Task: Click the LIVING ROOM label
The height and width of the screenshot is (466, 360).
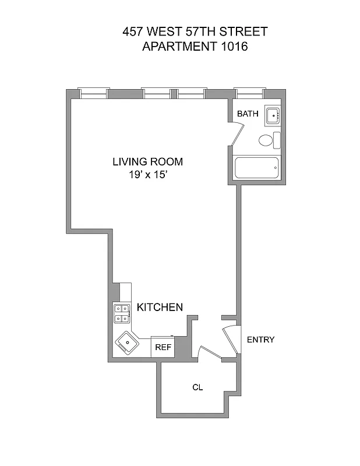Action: click(x=147, y=161)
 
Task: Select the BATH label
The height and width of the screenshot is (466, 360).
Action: click(x=248, y=114)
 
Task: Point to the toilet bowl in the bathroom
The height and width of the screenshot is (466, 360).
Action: click(x=266, y=140)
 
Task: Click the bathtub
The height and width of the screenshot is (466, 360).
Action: click(x=257, y=169)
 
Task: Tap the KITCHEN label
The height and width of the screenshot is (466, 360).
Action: click(x=160, y=307)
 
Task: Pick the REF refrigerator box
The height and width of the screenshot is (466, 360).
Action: click(x=163, y=347)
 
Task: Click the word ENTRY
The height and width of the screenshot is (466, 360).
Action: click(x=260, y=340)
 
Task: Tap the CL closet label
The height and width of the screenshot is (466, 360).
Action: click(x=197, y=387)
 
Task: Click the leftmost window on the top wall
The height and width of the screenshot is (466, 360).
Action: click(x=94, y=92)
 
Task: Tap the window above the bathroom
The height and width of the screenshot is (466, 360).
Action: click(x=249, y=92)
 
